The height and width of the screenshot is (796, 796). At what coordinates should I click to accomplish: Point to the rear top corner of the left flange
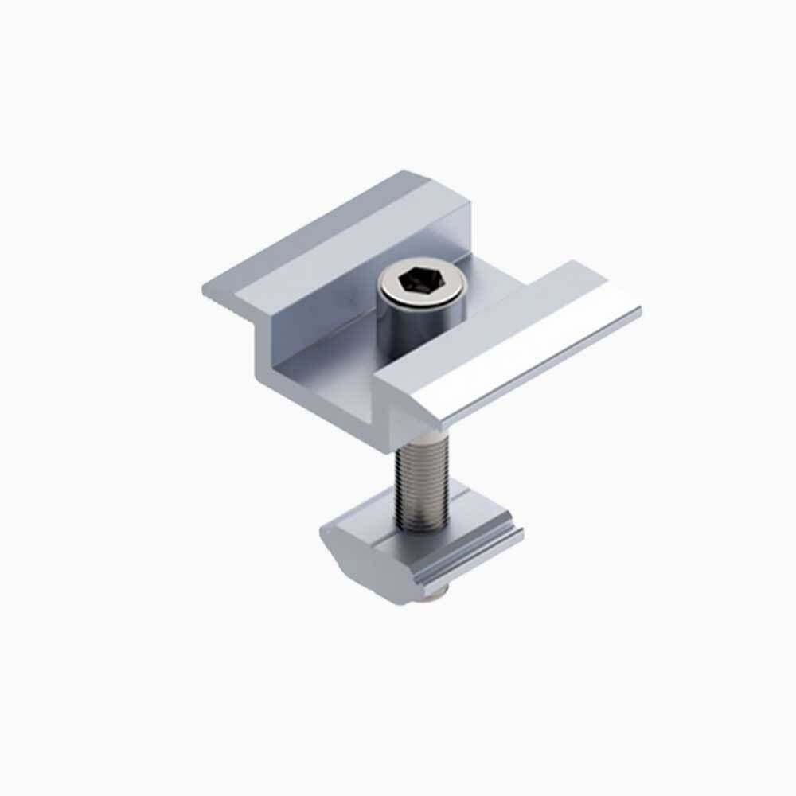pyautogui.click(x=406, y=173)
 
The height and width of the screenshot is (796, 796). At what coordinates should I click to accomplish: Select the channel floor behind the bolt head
pyautogui.click(x=486, y=275)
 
